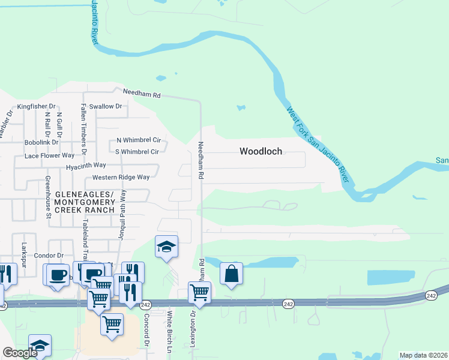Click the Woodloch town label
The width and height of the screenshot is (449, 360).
(261, 151)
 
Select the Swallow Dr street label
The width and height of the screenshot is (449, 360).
(106, 106)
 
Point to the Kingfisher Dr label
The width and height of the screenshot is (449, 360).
(36, 106)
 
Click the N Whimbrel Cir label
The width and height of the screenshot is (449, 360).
(139, 140)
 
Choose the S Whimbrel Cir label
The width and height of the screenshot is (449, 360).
(137, 152)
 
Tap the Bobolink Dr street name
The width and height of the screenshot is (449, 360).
(41, 143)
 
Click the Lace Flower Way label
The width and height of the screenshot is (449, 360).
(49, 155)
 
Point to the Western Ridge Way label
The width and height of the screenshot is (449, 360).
(121, 178)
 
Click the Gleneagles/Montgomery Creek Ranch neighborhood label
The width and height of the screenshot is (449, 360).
(85, 203)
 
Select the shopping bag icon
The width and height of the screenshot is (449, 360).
(231, 274)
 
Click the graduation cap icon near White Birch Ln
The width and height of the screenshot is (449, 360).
(166, 247)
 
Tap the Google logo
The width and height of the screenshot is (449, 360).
(20, 353)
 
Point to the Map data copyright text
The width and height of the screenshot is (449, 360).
(423, 355)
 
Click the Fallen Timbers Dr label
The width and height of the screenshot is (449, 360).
(85, 124)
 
